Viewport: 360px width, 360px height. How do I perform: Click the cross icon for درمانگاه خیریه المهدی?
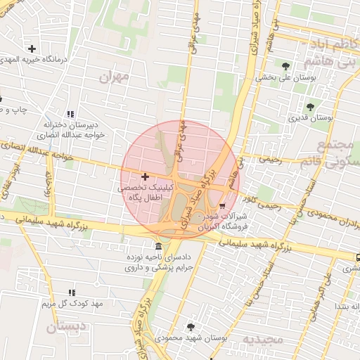[x=32, y=49]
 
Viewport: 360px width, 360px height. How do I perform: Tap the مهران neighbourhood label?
[x=116, y=77]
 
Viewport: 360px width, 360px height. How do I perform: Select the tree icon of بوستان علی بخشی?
[x=285, y=66]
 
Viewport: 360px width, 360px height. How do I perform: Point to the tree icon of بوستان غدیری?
[x=310, y=107]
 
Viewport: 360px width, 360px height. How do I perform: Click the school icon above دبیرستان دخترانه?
[x=70, y=114]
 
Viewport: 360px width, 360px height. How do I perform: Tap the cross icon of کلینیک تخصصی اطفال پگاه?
[x=145, y=176]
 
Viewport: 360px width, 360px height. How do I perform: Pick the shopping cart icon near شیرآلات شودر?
[x=223, y=206]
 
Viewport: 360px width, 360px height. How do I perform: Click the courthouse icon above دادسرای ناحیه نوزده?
[x=157, y=247]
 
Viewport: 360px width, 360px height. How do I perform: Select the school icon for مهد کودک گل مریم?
[x=71, y=292]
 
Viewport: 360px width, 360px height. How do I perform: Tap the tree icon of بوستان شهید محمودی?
[x=191, y=326]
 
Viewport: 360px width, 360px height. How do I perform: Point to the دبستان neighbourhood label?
[x=65, y=327]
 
